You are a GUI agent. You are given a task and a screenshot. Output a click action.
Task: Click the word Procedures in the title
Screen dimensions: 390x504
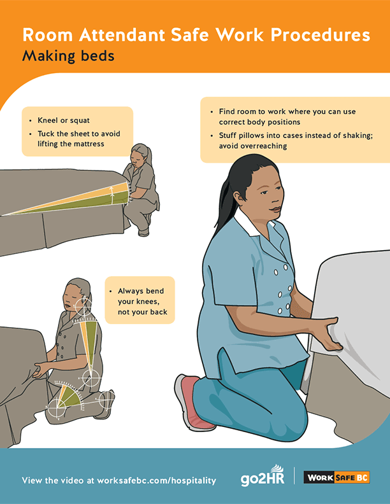point(321,35)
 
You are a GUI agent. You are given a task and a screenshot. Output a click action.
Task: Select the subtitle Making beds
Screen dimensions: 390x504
point(68,55)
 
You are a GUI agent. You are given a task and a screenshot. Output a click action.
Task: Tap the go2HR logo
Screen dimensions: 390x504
point(263,476)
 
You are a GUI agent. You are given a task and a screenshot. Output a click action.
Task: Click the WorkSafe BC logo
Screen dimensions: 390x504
point(336,477)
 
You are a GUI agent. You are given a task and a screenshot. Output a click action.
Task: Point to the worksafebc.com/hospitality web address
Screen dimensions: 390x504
point(156,480)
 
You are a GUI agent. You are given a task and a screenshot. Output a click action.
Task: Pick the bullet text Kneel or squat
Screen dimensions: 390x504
point(64,120)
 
